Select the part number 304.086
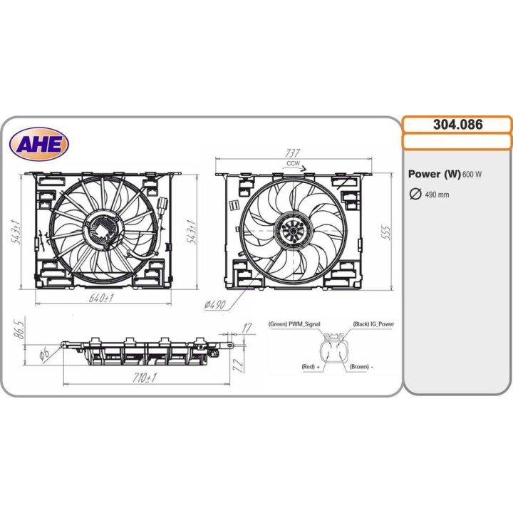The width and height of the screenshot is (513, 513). (x=457, y=124)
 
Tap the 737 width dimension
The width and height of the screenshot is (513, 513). (x=293, y=153)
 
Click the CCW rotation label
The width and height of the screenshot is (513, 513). (x=293, y=164)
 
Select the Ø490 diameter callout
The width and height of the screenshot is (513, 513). (x=215, y=304)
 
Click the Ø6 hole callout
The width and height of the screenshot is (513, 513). (x=44, y=353)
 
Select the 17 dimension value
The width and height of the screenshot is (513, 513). (x=246, y=328)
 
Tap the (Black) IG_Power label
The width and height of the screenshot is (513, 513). (x=373, y=324)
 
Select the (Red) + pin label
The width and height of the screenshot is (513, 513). (x=309, y=367)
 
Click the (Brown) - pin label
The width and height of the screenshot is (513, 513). (x=363, y=367)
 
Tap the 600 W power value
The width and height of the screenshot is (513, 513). (x=472, y=175)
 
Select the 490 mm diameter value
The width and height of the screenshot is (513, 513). (x=437, y=195)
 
